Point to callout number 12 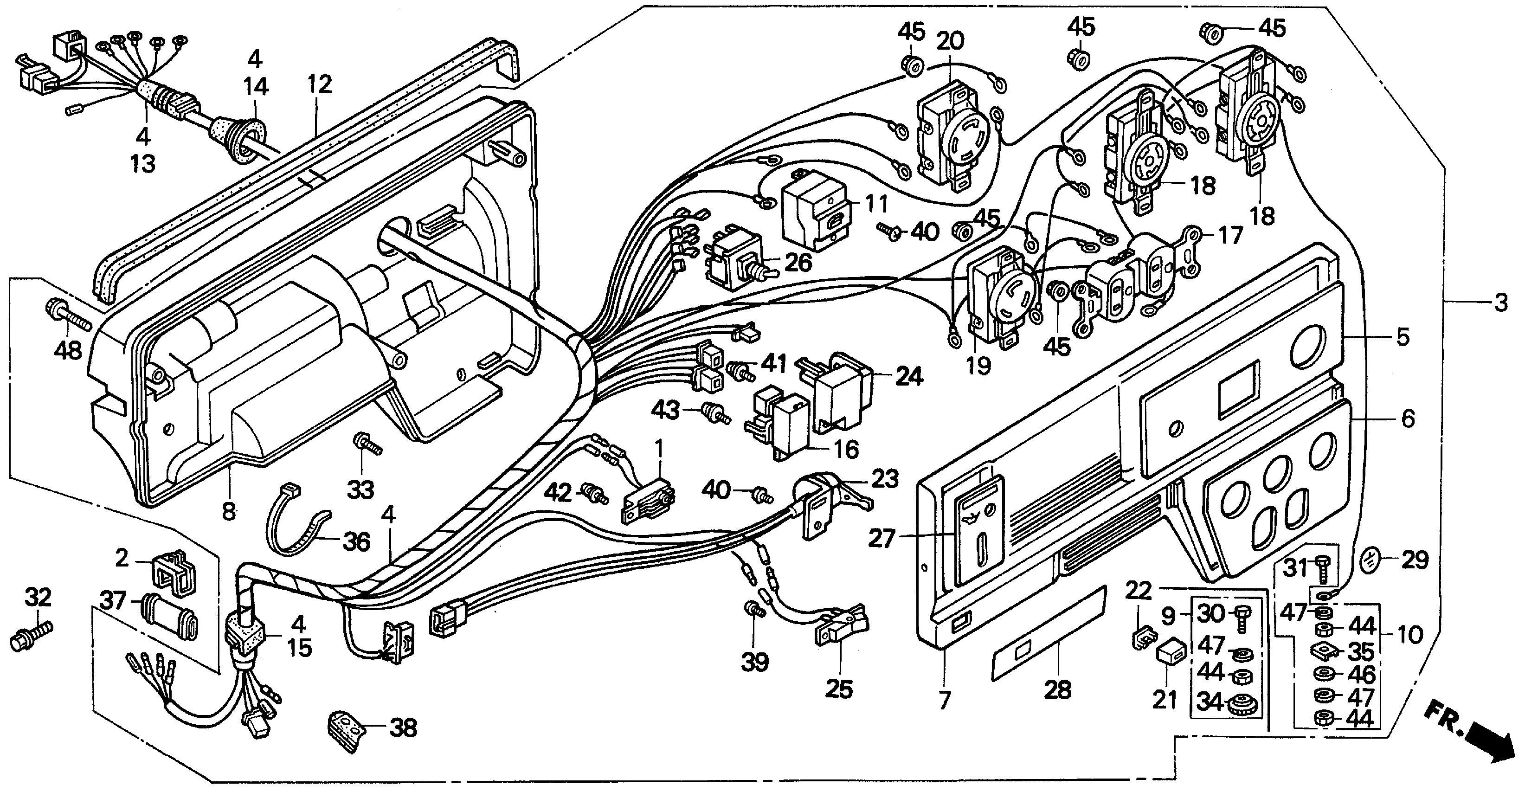[x=320, y=84]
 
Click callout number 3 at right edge [x=1500, y=303]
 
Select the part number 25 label [x=839, y=689]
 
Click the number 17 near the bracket [x=1230, y=236]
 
